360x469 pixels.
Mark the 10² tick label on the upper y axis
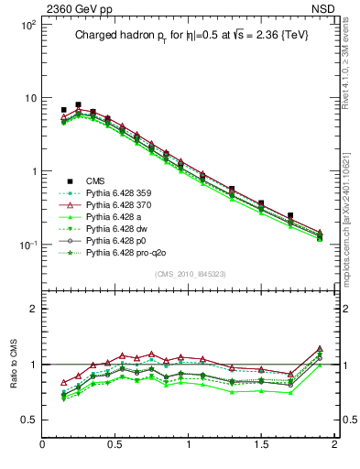(27, 25)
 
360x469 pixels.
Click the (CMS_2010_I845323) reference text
(189, 274)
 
